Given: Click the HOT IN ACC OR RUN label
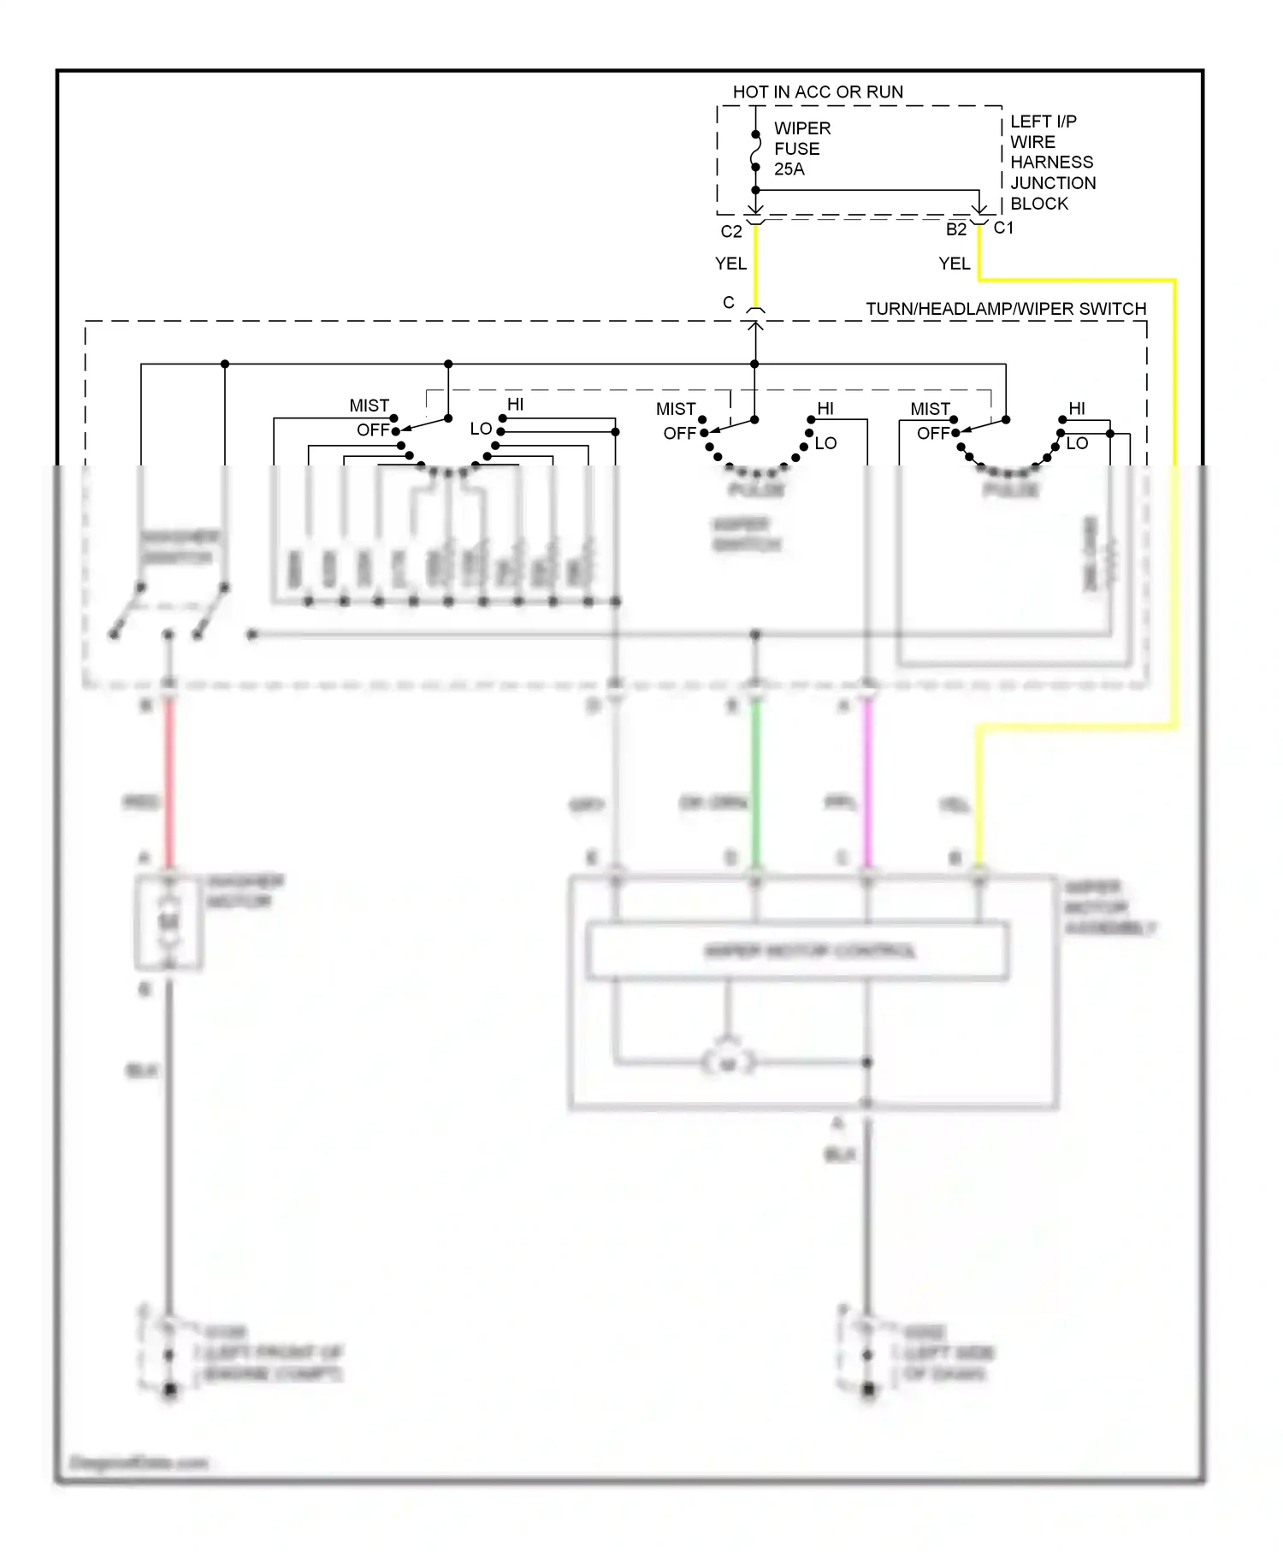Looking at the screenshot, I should click(x=818, y=92).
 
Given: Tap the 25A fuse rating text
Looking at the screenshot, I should click(x=789, y=169).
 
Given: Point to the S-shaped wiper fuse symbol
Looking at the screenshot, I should click(x=755, y=151).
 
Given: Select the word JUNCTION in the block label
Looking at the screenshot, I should click(x=1053, y=183).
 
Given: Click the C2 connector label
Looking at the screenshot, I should click(x=730, y=232).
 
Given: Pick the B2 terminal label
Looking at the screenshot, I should click(x=955, y=229).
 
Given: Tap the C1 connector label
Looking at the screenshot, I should click(x=1003, y=228).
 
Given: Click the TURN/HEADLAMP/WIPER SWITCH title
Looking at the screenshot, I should click(x=1006, y=309).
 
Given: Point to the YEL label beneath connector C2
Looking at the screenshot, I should click(x=730, y=264).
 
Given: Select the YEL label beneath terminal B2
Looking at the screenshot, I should click(x=954, y=264).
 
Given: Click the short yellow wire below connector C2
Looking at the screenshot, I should click(x=755, y=265).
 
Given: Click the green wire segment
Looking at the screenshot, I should click(x=755, y=783).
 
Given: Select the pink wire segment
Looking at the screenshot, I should click(x=867, y=783).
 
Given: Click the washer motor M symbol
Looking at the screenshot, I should click(x=169, y=921).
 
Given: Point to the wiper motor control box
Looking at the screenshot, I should click(x=797, y=951).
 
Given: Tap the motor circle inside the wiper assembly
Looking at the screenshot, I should click(x=728, y=1063).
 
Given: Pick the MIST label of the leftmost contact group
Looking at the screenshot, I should click(x=369, y=406).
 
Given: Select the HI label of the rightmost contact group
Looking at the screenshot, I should click(x=1077, y=409).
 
